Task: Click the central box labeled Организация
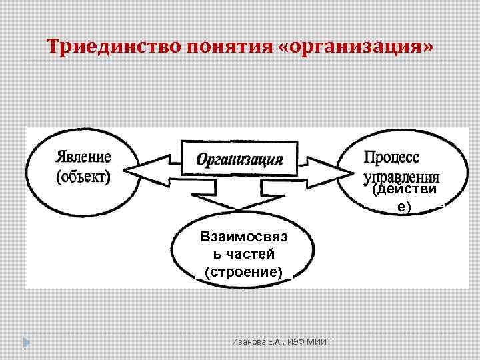[239, 159]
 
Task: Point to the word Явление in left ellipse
[84, 157]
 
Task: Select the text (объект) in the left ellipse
[84, 177]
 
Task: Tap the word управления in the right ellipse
[401, 177]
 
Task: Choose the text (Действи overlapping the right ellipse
[405, 191]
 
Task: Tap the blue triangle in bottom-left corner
[26, 343]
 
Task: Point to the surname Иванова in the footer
[243, 342]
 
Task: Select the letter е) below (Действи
[405, 207]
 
